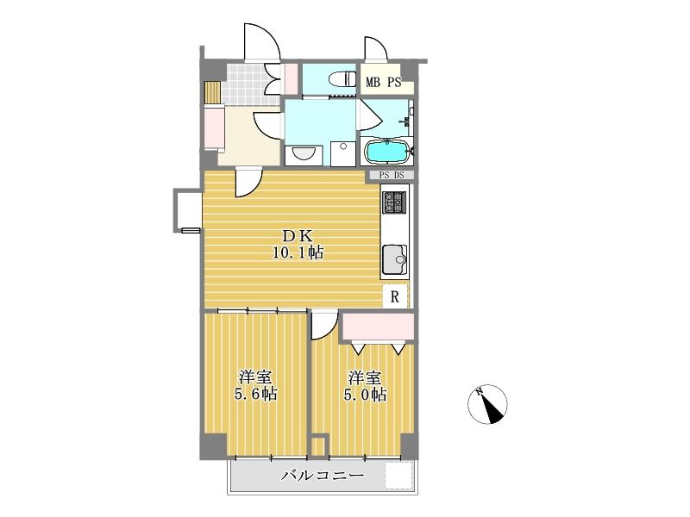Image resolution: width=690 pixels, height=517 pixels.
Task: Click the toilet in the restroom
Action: click(343, 79)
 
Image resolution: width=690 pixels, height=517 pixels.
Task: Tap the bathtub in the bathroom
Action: click(386, 152)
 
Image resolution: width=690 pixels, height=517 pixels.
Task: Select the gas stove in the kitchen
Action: click(394, 202)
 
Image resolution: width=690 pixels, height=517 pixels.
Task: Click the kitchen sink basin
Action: click(394, 259)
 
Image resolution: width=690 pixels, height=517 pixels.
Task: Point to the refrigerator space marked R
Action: click(395, 297)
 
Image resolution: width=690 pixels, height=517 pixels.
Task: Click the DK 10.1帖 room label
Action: click(298, 245)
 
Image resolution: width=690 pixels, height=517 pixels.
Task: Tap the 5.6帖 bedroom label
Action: click(255, 385)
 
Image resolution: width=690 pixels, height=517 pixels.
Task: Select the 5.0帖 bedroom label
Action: click(365, 385)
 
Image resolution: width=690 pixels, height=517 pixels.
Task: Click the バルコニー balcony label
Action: click(323, 476)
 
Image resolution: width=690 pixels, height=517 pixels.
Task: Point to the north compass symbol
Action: click(487, 404)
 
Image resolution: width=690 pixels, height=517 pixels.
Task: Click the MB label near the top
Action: click(373, 82)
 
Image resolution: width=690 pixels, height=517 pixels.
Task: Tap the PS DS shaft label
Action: click(392, 175)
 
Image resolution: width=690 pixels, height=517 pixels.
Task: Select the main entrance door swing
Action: click(262, 42)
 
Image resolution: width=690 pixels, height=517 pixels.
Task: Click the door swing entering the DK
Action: click(248, 182)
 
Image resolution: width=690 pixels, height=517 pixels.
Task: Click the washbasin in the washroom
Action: click(304, 154)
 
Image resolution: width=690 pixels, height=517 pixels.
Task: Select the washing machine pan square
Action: click(342, 153)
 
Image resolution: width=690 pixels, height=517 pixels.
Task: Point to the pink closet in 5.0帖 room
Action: click(379, 327)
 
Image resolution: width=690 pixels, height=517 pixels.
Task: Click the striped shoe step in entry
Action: click(212, 91)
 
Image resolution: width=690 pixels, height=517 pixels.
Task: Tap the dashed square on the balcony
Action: click(398, 476)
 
